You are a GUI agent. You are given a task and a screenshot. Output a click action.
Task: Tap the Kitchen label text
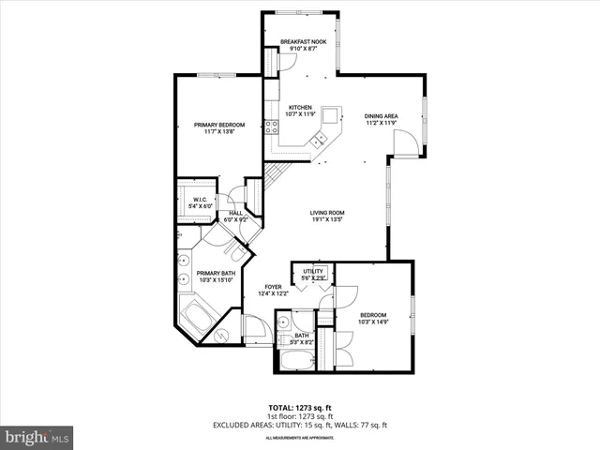pyautogui.click(x=300, y=108)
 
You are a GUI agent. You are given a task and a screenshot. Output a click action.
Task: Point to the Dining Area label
pyautogui.click(x=382, y=116)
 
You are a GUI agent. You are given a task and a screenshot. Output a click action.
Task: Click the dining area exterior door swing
pyautogui.click(x=405, y=145)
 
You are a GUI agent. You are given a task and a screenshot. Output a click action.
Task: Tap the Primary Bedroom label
pyautogui.click(x=218, y=125)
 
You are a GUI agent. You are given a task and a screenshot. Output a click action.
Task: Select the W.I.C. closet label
pyautogui.click(x=200, y=200)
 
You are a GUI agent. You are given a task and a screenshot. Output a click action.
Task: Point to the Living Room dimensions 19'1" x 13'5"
pyautogui.click(x=328, y=220)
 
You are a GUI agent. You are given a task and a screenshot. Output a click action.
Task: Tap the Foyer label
pyautogui.click(x=273, y=287)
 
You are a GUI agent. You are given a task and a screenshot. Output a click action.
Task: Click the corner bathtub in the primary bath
pyautogui.click(x=198, y=317)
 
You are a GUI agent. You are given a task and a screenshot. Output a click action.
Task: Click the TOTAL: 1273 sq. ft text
pyautogui.click(x=299, y=408)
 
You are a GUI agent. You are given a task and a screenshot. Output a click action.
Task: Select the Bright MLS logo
pyautogui.click(x=37, y=437)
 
